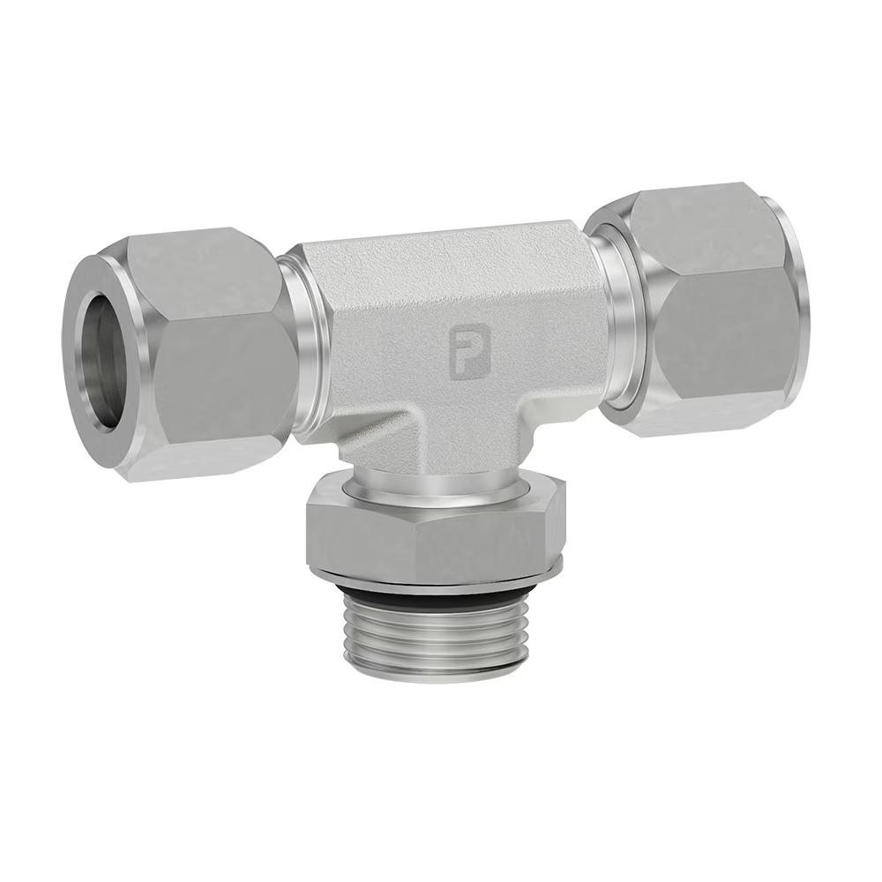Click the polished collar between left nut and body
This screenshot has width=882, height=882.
click(307, 353)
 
